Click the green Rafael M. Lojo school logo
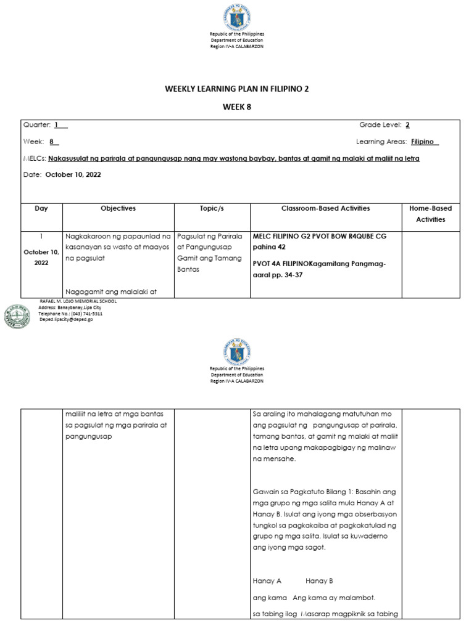17,316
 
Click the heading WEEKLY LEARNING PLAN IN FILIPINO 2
236,89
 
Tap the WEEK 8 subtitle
237,107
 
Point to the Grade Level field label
380,125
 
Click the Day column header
41,208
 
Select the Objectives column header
118,208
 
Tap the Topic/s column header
212,208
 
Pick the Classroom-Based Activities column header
325,208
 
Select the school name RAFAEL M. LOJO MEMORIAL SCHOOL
77,301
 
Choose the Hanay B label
319,580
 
